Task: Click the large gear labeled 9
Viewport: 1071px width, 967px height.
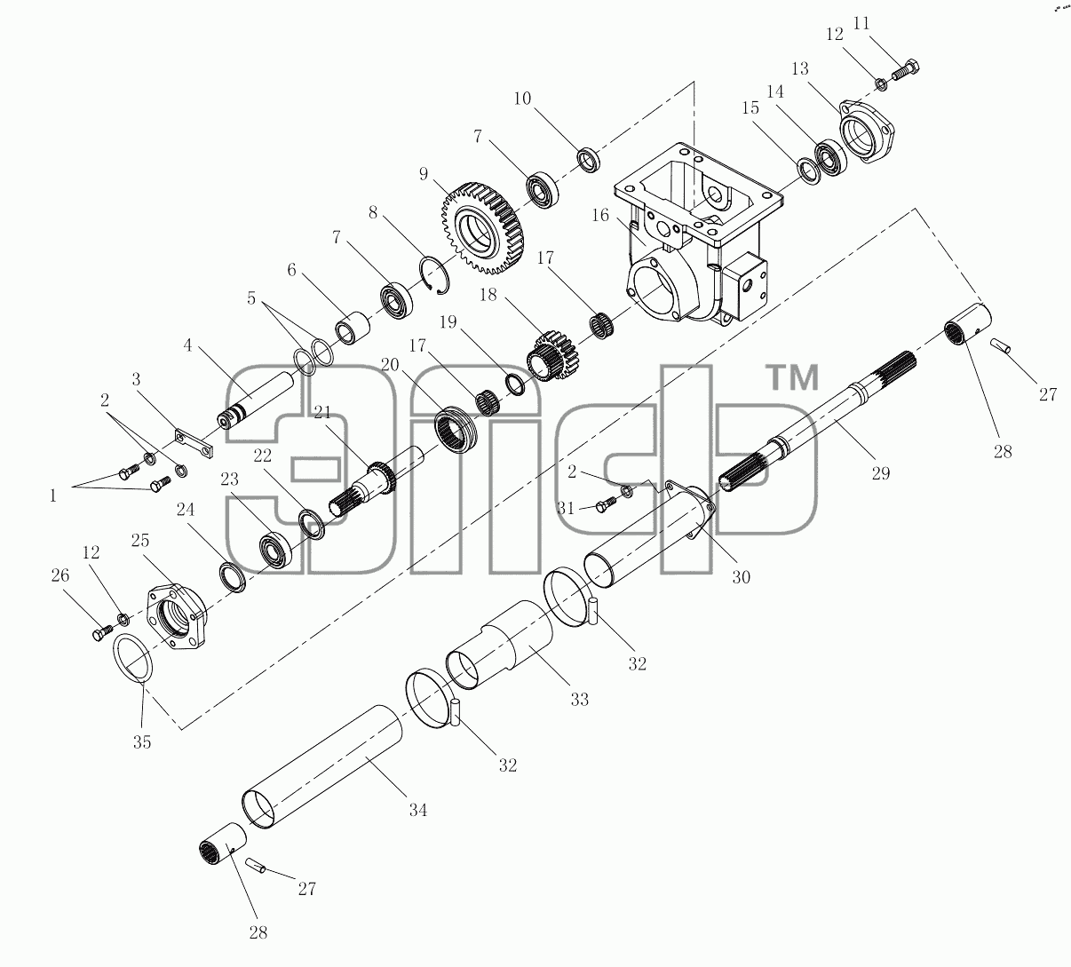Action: pos(483,228)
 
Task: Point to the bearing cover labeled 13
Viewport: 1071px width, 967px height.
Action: pos(867,131)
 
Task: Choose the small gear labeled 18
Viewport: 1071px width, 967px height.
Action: pos(552,355)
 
